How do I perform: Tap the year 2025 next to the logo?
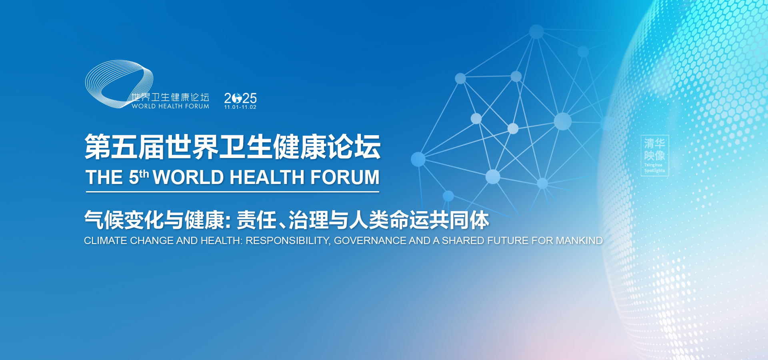tap(240, 98)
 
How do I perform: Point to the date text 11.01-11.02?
tap(240, 107)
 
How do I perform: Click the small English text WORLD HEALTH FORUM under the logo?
tap(170, 106)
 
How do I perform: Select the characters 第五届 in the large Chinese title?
tap(124, 147)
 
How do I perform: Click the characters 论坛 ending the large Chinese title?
tap(354, 147)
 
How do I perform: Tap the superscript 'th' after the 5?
tap(144, 174)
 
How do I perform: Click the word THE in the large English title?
tap(104, 178)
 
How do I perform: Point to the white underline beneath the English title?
tap(232, 192)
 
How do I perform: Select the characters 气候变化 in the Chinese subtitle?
tap(124, 220)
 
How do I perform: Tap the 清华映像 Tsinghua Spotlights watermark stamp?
tap(654, 156)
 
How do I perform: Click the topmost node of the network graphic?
tap(536, 32)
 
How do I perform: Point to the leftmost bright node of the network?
tap(418, 159)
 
